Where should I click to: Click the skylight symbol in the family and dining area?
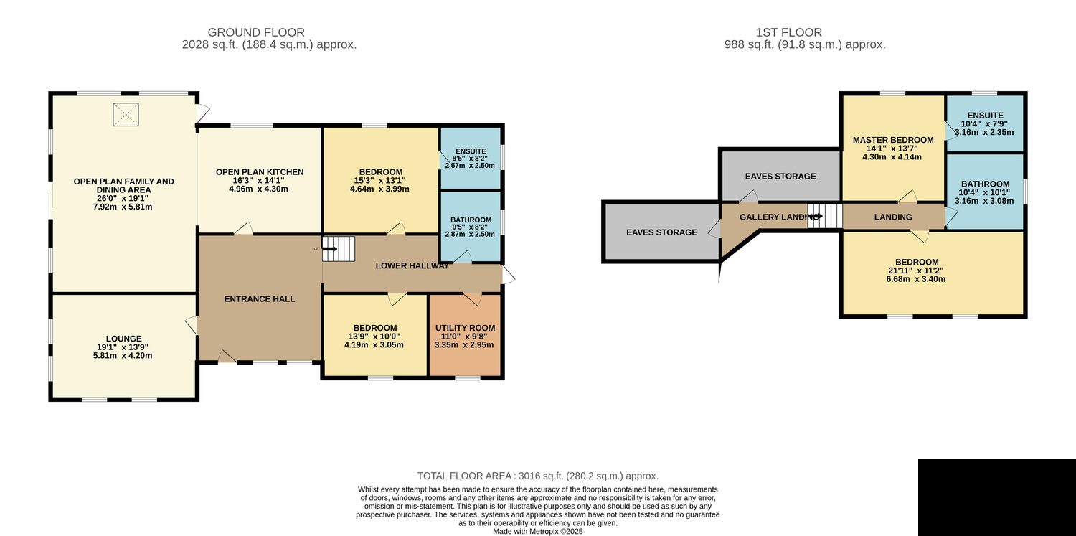(x=126, y=115)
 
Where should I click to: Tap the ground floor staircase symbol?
(x=338, y=249)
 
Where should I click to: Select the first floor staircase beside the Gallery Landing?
(x=825, y=216)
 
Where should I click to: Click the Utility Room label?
(x=465, y=328)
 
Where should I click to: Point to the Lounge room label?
(x=124, y=339)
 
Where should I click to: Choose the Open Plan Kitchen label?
(x=260, y=172)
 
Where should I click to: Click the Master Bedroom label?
(x=893, y=140)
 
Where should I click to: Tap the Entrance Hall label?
(x=260, y=298)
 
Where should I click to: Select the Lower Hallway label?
(x=412, y=265)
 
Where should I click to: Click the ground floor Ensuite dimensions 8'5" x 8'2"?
(x=470, y=159)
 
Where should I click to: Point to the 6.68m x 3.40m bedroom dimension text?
(x=915, y=279)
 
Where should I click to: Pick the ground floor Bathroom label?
(x=471, y=220)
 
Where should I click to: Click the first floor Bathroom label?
(x=985, y=184)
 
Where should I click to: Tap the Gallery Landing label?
(x=778, y=217)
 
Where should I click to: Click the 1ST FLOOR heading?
(x=789, y=32)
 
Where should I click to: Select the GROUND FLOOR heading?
(x=256, y=32)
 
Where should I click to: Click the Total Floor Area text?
(x=537, y=476)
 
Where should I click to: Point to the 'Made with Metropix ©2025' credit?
(x=537, y=531)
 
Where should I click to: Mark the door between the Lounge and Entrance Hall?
(x=192, y=325)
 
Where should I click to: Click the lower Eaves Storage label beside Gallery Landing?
(x=661, y=232)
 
